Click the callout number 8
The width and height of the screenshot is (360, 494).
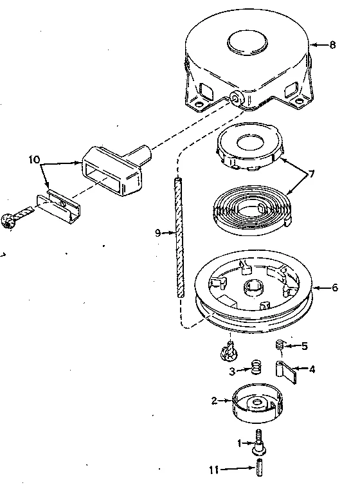[x=332, y=45]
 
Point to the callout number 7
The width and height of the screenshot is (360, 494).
[x=312, y=174]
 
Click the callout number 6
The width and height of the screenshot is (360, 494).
[x=334, y=288]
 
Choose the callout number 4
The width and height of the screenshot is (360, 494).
[x=312, y=369]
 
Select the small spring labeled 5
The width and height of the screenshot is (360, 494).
[x=280, y=346]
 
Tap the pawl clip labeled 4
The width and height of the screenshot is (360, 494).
[x=286, y=370]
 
